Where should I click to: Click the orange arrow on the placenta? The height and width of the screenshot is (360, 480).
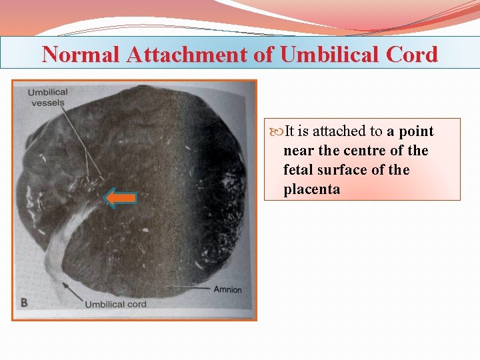point(121,197)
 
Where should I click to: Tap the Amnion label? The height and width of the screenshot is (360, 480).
point(227,289)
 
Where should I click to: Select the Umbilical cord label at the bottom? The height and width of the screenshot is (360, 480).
point(115,305)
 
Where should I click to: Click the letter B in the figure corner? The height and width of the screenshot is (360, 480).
point(24,302)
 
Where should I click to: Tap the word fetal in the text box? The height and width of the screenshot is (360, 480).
point(297,170)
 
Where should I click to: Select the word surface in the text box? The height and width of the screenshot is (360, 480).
point(343,170)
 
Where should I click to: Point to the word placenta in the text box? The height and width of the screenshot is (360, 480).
point(311,189)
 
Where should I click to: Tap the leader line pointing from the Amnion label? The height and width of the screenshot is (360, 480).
point(190,288)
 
